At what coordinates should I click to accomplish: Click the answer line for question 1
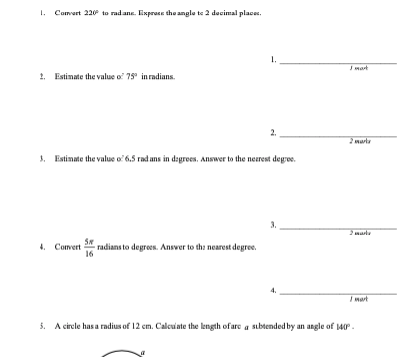pyautogui.click(x=338, y=62)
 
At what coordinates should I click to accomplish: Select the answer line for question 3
pyautogui.click(x=338, y=227)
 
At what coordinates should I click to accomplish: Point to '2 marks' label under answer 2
pyautogui.click(x=362, y=141)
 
